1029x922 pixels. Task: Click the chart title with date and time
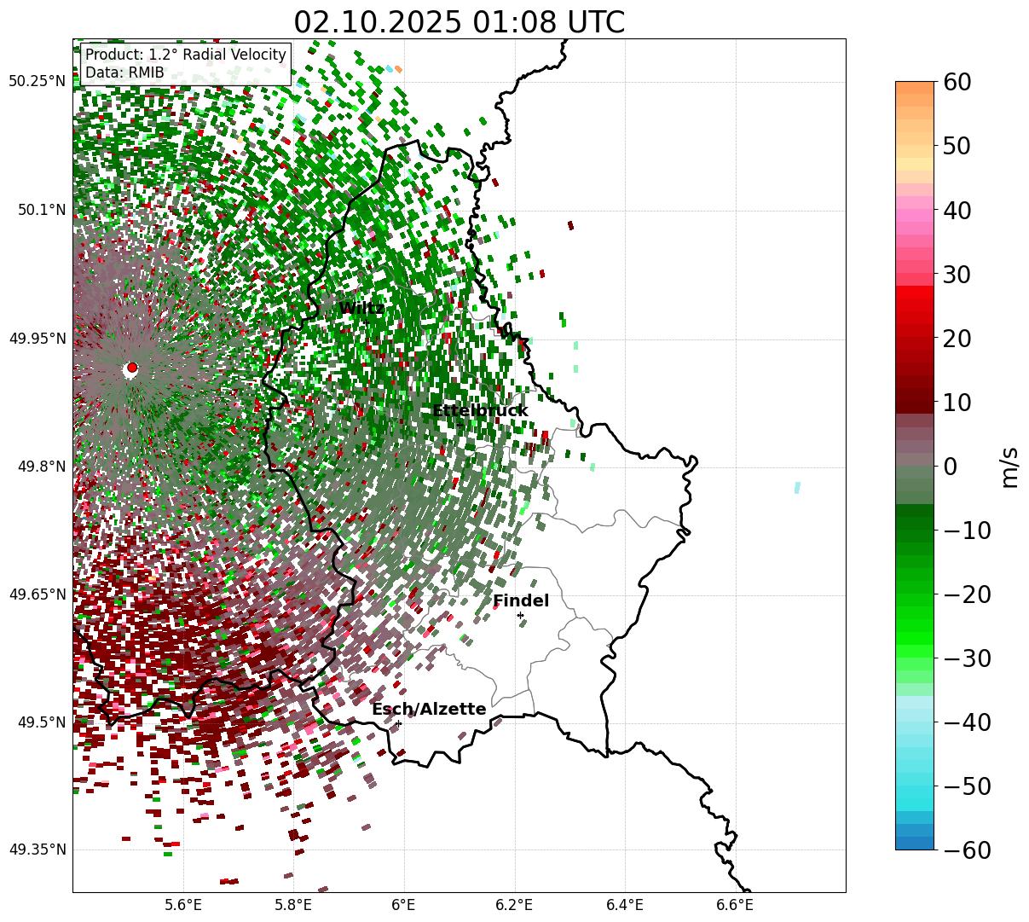(459, 22)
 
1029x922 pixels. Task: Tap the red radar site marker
(131, 368)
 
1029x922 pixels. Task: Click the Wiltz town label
(361, 309)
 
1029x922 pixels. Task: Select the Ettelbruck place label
(479, 411)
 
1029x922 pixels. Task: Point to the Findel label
(520, 601)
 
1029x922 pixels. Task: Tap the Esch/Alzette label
(428, 710)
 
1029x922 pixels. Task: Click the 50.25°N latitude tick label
(37, 82)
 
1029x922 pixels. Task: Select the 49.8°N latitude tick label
(40, 467)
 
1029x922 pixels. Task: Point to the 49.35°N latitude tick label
(37, 850)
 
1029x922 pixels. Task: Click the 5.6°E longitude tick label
(183, 905)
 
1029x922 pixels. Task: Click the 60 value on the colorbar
(958, 83)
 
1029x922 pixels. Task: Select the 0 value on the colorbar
(950, 467)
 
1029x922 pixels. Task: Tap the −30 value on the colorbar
(967, 658)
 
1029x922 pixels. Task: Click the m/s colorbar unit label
(1009, 467)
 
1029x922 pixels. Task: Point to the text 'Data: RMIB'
(124, 73)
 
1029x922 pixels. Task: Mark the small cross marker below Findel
(520, 615)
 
